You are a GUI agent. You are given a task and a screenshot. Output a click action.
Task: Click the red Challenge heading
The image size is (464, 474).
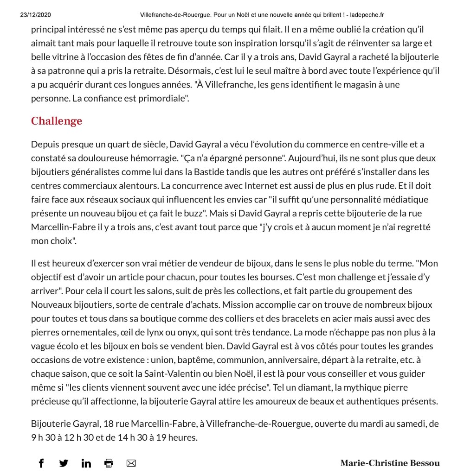coord(56,121)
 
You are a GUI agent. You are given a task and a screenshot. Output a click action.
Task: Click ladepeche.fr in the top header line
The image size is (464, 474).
coord(365,15)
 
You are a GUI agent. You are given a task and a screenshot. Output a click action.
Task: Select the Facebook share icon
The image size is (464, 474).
coord(41,463)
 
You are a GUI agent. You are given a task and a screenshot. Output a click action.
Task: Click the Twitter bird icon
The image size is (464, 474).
coord(64,463)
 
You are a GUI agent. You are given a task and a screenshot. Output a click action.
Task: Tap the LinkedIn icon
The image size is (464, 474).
coord(86,463)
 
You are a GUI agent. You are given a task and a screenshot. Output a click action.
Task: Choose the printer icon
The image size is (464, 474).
coord(109,463)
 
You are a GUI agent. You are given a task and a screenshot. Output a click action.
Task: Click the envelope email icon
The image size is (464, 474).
coord(131,463)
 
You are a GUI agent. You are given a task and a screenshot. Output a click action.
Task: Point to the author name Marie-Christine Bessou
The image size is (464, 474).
coord(390,463)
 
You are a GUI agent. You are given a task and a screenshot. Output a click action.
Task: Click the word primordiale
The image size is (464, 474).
coord(163,99)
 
